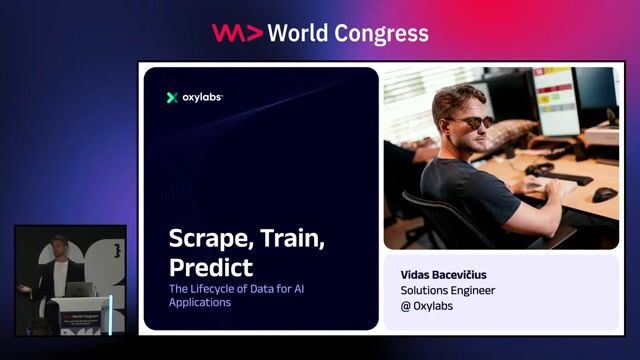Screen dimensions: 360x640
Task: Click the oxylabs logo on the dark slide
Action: (195, 97)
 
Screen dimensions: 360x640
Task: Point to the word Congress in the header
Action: (382, 33)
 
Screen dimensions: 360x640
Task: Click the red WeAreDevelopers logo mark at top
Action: (237, 33)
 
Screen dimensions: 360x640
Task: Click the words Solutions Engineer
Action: (447, 290)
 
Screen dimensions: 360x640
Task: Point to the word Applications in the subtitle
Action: (199, 302)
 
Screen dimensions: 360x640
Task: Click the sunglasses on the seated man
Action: (471, 122)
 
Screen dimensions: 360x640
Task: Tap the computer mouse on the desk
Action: (604, 194)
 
